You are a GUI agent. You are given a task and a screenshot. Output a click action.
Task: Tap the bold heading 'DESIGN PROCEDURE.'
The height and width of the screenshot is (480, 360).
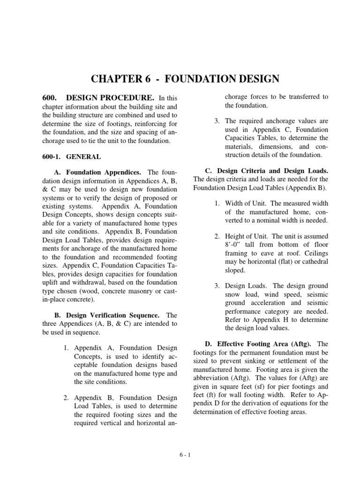click(110, 97)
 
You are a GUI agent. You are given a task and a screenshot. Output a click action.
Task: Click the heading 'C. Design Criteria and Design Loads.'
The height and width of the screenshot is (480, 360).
click(267, 170)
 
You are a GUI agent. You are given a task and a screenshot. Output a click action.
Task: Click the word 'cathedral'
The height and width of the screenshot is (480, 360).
click(314, 261)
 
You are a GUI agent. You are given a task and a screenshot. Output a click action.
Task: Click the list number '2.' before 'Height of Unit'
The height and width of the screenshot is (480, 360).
click(217, 236)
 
